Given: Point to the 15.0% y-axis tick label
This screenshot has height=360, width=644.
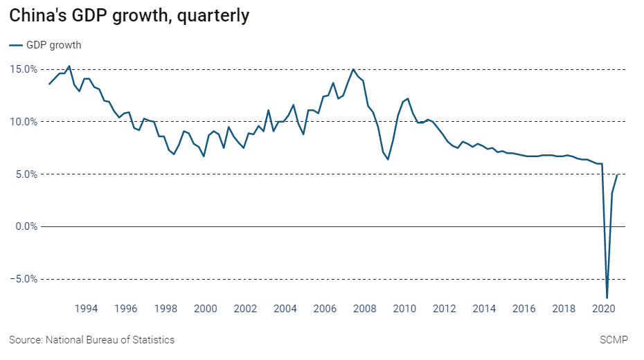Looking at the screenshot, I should click(x=23, y=69).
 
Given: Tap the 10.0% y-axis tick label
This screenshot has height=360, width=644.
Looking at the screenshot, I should click(x=23, y=122).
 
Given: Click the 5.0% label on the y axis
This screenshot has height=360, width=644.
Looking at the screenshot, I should click(x=25, y=174).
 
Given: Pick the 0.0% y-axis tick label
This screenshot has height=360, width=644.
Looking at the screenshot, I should click(x=25, y=226).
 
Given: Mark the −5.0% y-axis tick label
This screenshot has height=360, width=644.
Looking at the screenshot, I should click(x=23, y=279).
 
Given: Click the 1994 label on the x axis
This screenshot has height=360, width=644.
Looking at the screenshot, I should click(x=86, y=309).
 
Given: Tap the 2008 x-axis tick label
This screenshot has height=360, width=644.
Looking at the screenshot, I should click(x=364, y=309).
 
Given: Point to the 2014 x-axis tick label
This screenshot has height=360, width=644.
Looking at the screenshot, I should click(x=485, y=309).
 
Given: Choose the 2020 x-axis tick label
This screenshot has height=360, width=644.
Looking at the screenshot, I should click(x=604, y=309).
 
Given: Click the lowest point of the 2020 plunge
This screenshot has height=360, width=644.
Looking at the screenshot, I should click(x=607, y=298).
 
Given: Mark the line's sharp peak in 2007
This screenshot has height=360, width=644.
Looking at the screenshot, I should click(x=353, y=69).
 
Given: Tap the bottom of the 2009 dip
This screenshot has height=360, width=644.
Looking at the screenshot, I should click(x=388, y=159).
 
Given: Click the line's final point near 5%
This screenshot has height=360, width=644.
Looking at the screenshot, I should click(x=617, y=175).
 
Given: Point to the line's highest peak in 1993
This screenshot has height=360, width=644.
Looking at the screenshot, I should click(x=69, y=66).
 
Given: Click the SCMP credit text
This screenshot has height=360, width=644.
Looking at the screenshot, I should click(x=613, y=340).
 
